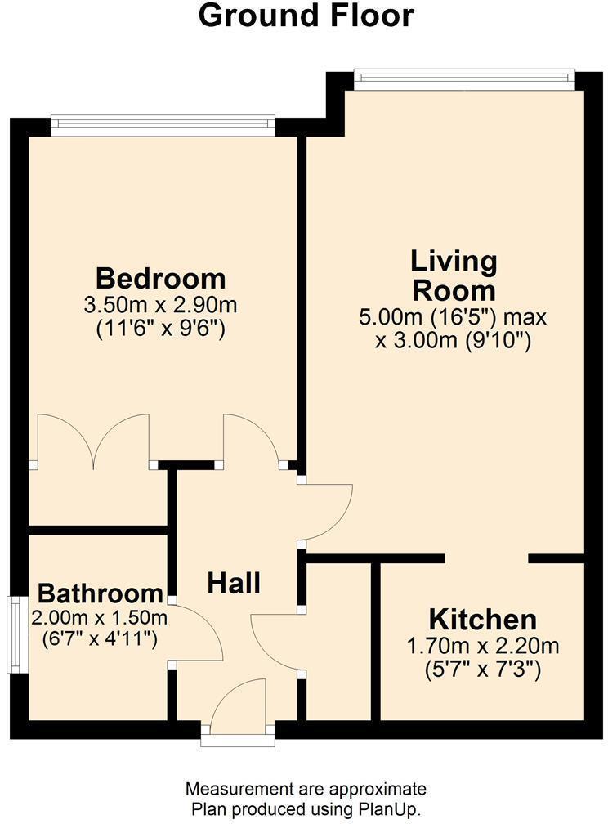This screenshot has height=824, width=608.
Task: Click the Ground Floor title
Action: click(306, 16)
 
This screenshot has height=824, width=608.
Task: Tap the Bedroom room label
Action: click(160, 278)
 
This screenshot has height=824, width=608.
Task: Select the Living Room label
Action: click(454, 276)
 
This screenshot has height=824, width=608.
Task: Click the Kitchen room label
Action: click(483, 619)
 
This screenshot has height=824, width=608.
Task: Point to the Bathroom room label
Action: click(101, 593)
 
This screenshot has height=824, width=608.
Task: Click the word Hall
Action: click(234, 583)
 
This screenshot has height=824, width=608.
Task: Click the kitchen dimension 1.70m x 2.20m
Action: click(483, 647)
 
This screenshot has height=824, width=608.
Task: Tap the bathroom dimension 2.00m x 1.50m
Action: click(99, 616)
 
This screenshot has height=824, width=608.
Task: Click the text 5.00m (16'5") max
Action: click(454, 316)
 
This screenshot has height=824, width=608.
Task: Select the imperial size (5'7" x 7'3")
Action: click(483, 669)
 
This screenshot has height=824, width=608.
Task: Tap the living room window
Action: click(464, 78)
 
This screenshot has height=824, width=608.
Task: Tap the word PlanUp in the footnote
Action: click(386, 810)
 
